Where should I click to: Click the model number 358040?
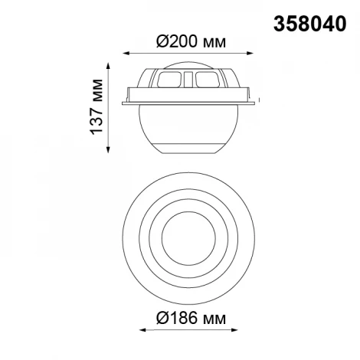310,24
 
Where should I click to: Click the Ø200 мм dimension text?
191,41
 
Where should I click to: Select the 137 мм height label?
97,107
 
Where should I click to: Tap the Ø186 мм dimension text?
191,318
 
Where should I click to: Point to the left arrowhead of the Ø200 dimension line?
125,54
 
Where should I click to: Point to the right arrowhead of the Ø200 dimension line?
251,54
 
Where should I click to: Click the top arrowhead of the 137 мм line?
108,66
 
